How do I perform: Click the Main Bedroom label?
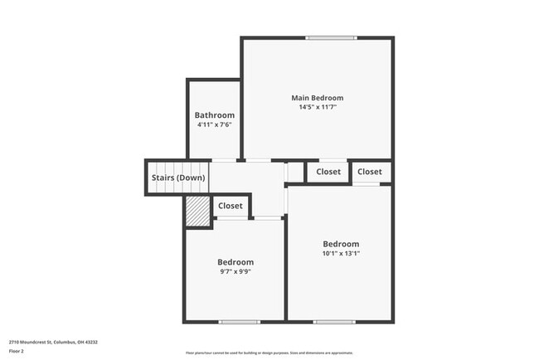pyautogui.click(x=317, y=98)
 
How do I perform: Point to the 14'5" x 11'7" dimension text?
pyautogui.click(x=317, y=107)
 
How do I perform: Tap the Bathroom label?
pyautogui.click(x=214, y=115)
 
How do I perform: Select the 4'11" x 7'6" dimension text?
pyautogui.click(x=214, y=124)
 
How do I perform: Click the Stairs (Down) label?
pyautogui.click(x=177, y=178)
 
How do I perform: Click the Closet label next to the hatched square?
pyautogui.click(x=231, y=206)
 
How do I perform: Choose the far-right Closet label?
pyautogui.click(x=370, y=172)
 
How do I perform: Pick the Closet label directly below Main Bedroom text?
pyautogui.click(x=328, y=172)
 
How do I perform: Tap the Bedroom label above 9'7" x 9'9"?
pyautogui.click(x=236, y=262)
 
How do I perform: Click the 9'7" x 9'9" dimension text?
pyautogui.click(x=236, y=271)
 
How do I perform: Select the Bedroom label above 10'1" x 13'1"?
pyautogui.click(x=341, y=244)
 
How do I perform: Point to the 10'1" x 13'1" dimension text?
pyautogui.click(x=341, y=253)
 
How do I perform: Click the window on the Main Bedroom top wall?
pyautogui.click(x=331, y=38)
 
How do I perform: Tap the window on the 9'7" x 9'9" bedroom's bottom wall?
pyautogui.click(x=234, y=321)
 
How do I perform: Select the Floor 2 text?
pyautogui.click(x=17, y=351)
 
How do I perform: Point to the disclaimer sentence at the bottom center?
pyautogui.click(x=269, y=352)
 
